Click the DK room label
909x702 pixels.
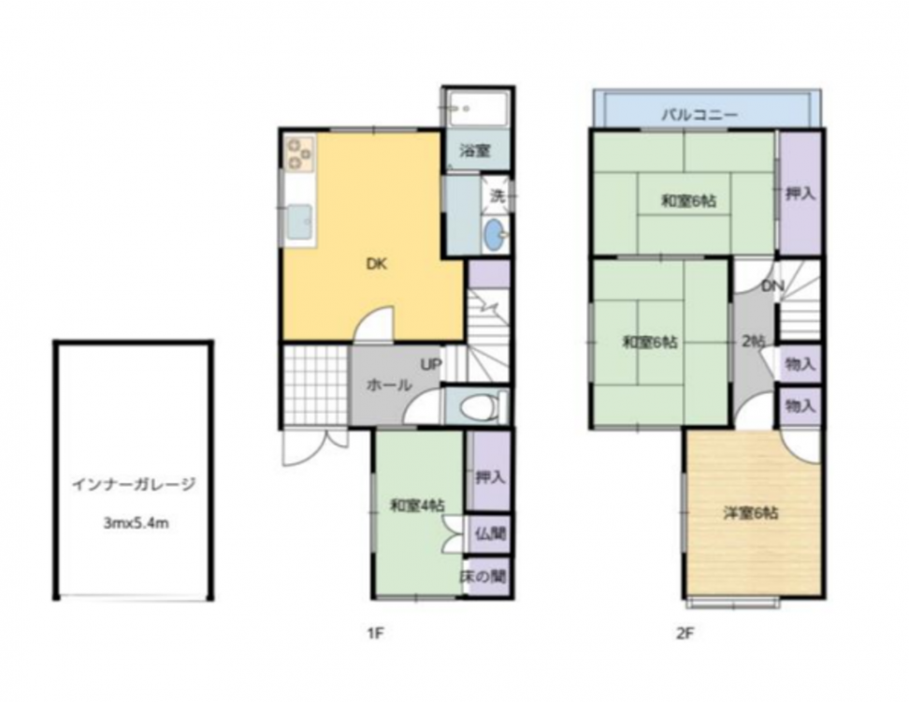coord(376,265)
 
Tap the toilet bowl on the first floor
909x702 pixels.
coord(478,407)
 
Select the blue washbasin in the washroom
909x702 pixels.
coord(495,235)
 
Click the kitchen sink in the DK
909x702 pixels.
coord(298,224)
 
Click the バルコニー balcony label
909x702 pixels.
coord(700,114)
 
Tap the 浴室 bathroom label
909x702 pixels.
coord(475,151)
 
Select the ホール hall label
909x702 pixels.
coord(389,385)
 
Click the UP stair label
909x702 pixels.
coord(431,364)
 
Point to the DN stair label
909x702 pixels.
coord(772,286)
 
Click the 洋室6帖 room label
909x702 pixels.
coord(751,513)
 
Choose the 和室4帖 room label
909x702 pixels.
coord(417,505)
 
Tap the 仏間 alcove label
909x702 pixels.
coord(490,534)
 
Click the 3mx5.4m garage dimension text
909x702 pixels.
coord(136,523)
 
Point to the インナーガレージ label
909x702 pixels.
coord(134,484)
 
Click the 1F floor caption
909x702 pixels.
coord(376,633)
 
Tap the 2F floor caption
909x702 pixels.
coord(685,633)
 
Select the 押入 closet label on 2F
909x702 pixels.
coord(800,194)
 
